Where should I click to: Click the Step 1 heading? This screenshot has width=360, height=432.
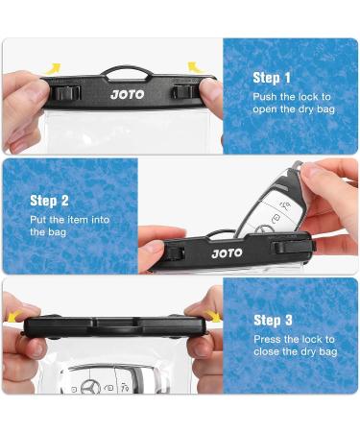pos(272,78)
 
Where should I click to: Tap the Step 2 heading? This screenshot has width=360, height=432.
pos(50,201)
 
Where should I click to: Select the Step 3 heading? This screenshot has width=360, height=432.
pos(273,320)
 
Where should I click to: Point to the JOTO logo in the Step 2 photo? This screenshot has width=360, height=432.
pos(227,253)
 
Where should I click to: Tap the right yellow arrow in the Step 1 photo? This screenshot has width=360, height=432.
pos(194,66)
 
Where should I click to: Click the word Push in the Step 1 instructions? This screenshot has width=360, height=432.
pos(265,97)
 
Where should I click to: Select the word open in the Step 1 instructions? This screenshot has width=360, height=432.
pos(267,109)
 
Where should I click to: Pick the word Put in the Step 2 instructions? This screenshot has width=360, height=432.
pos(38,220)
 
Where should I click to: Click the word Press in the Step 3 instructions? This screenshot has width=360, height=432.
pos(268,339)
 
